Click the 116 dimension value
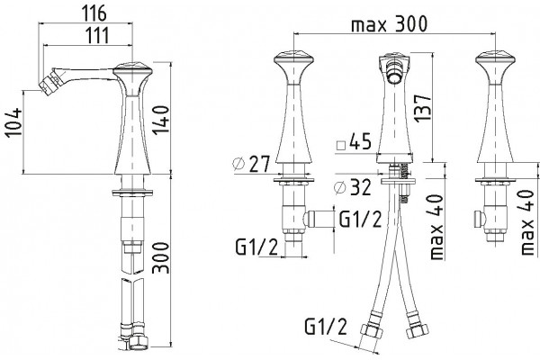pos(94,13)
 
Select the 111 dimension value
pos(97,35)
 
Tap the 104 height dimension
pos(13,122)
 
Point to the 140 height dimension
pos(161,121)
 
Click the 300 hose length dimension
pos(161,258)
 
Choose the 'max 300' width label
pos(389,24)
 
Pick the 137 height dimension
pos(423,107)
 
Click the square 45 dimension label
pos(354,141)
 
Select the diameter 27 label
pos(251,164)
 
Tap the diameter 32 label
pos(353,187)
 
